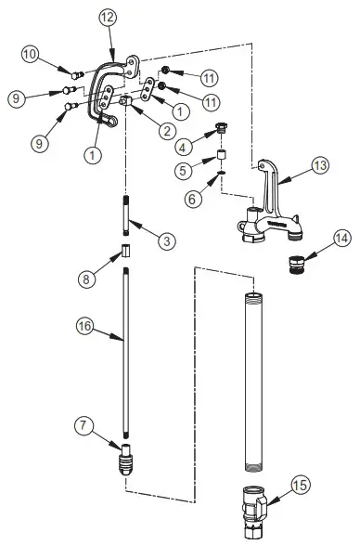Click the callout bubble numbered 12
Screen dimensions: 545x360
point(109,17)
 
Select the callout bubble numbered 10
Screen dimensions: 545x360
point(30,55)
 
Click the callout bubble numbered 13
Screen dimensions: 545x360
point(319,166)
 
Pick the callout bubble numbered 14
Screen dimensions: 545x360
point(341,238)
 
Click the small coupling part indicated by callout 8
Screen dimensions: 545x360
point(125,253)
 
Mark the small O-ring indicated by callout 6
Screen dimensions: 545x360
point(224,171)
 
